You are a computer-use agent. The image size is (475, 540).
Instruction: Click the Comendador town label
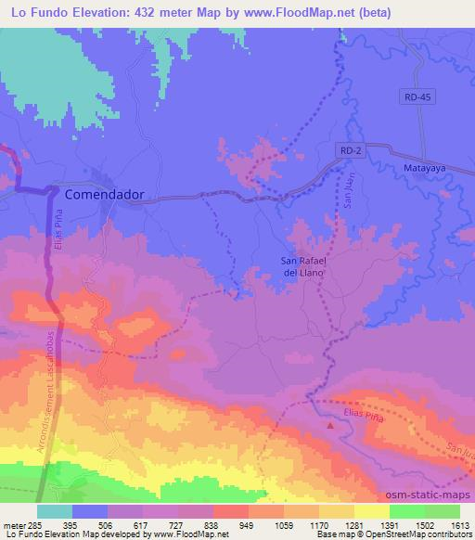click(x=109, y=196)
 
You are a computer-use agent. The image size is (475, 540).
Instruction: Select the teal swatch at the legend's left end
click(x=53, y=510)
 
